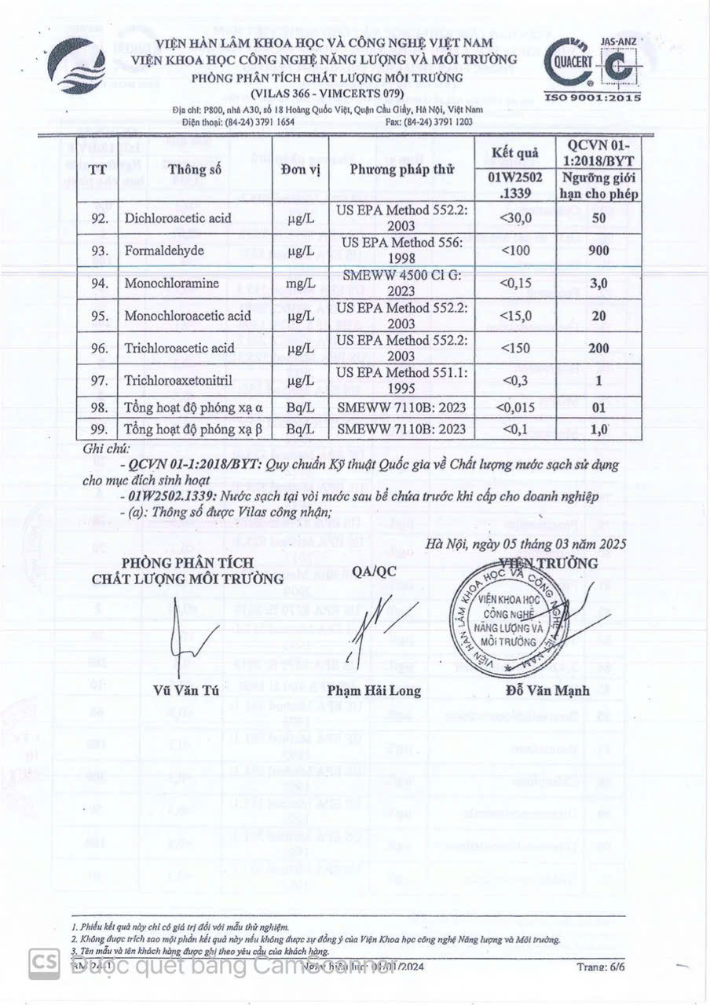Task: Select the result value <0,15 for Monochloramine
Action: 514,283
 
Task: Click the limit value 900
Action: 598,250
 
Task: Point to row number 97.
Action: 99,381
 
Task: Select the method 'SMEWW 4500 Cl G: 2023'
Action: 401,283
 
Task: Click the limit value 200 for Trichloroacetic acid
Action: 598,348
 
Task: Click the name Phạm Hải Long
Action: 374,691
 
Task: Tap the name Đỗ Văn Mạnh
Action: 548,691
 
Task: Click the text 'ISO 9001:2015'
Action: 593,97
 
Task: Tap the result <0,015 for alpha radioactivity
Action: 514,408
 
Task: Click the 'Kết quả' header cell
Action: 514,152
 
